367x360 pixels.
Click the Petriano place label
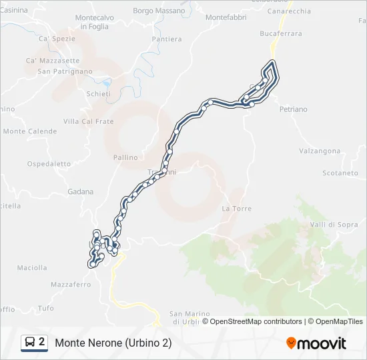point(293,109)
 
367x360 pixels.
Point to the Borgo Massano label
point(159,11)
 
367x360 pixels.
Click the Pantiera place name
point(166,39)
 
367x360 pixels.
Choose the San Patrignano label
point(65,71)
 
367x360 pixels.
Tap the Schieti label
point(98,94)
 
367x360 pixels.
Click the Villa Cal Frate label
point(88,121)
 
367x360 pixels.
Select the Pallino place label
point(125,158)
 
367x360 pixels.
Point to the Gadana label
point(80,192)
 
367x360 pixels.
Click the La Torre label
point(237,209)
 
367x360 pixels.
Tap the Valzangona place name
point(320,151)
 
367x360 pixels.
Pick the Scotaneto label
point(340,173)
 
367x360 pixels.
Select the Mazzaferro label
point(71,285)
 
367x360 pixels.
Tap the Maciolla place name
point(31,268)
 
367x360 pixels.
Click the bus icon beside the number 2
point(30,343)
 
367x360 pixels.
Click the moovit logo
point(316,343)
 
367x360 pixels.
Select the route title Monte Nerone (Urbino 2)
point(113,343)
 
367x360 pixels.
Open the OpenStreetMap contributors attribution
point(256,321)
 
